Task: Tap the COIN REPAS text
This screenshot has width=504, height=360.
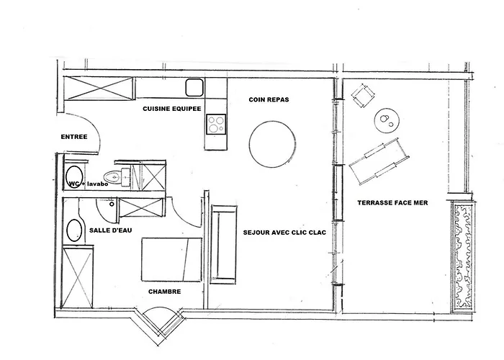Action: [269, 100]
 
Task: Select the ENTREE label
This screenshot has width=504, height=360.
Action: [75, 136]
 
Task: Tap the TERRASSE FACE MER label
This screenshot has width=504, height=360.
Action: [392, 203]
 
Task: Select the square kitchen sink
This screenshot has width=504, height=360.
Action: [194, 89]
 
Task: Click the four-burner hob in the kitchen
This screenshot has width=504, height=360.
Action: [215, 125]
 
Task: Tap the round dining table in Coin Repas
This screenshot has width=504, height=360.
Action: [272, 143]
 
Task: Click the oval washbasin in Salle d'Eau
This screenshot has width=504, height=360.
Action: [75, 231]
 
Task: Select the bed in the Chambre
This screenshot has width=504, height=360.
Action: [171, 259]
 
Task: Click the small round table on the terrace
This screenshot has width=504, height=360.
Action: [387, 120]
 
